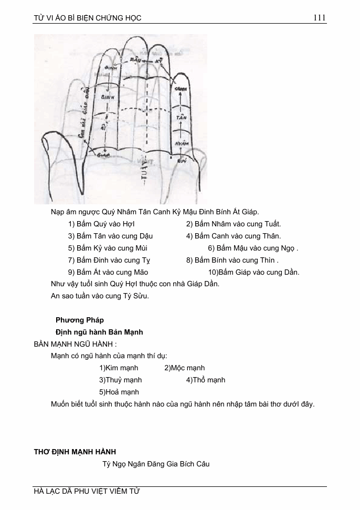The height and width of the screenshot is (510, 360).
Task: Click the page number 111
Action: tap(319, 18)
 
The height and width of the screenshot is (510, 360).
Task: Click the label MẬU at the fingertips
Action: tap(137, 60)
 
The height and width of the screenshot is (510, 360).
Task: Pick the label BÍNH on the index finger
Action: tap(107, 98)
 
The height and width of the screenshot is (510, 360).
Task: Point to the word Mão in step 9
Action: tap(139, 272)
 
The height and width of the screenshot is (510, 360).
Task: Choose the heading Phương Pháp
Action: tap(80, 320)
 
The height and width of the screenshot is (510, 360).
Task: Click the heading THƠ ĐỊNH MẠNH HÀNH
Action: tap(75, 452)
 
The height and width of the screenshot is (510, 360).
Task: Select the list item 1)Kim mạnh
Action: tap(119, 368)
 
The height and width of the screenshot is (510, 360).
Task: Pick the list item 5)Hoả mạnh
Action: tap(119, 392)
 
